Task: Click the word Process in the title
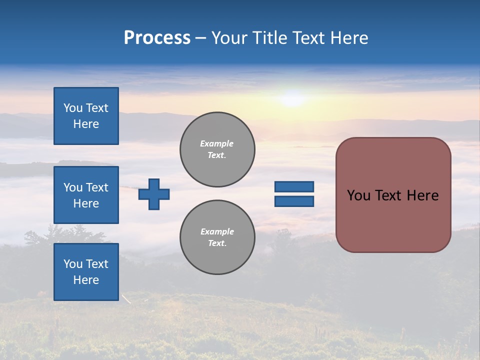(x=157, y=38)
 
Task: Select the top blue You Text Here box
(x=86, y=116)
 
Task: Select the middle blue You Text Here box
(x=86, y=195)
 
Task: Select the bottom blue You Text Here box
(x=86, y=272)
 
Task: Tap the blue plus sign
(x=154, y=194)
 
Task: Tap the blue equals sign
(x=294, y=194)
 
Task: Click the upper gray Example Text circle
(x=217, y=149)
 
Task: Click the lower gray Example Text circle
(x=217, y=237)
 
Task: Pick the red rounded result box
(x=393, y=195)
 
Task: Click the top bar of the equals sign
(x=294, y=187)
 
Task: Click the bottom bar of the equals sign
(x=294, y=201)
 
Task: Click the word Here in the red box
(x=422, y=195)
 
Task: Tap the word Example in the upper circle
(x=217, y=143)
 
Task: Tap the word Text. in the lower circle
(x=217, y=243)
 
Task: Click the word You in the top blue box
(x=73, y=108)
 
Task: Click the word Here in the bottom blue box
(x=86, y=280)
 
